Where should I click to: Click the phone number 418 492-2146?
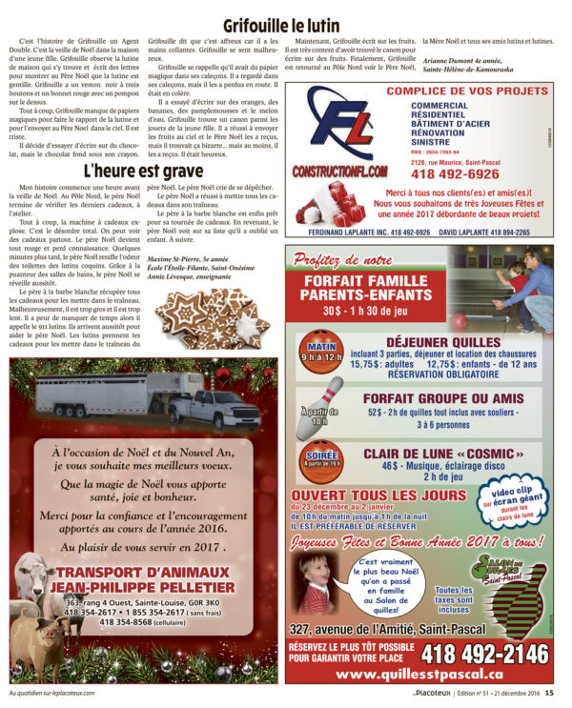pos(471,655)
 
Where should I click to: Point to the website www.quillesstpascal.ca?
pos(419,675)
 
